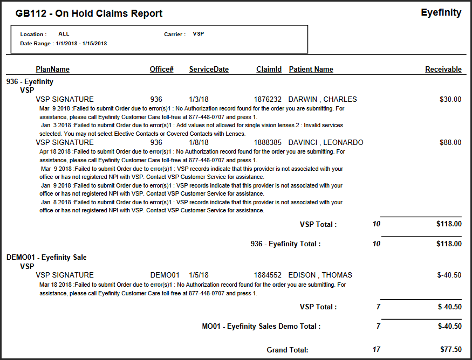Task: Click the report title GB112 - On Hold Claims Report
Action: (x=89, y=13)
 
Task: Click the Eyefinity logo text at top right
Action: (x=441, y=12)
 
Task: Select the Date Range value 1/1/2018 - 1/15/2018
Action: (x=81, y=43)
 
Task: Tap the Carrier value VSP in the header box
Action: (x=198, y=34)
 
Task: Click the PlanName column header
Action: (x=52, y=69)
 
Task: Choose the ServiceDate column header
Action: (x=209, y=69)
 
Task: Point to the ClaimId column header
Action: (x=269, y=69)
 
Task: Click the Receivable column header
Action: (x=443, y=69)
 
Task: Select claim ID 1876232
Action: (x=268, y=99)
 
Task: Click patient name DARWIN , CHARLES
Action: (x=323, y=99)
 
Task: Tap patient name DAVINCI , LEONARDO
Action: (x=326, y=142)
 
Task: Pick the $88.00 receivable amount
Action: (x=450, y=142)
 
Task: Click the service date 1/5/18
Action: (x=199, y=275)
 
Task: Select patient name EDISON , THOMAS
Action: (x=320, y=275)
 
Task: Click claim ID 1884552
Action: (x=268, y=275)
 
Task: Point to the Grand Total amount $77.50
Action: (x=450, y=349)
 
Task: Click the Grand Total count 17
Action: (x=377, y=349)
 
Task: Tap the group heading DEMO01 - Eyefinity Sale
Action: (x=46, y=257)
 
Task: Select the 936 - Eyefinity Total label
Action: (x=285, y=244)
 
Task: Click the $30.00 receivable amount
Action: (x=450, y=99)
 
